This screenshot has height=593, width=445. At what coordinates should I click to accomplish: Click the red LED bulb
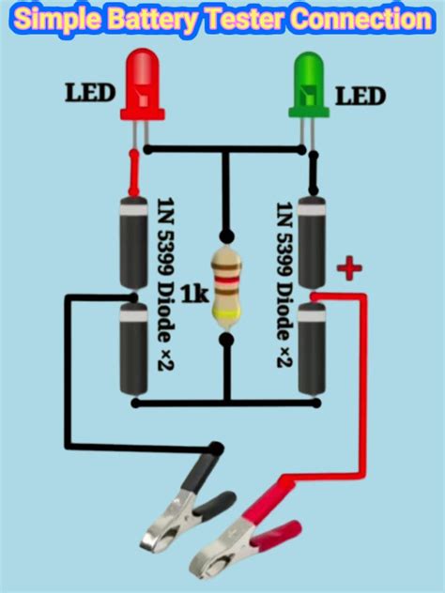coord(142,89)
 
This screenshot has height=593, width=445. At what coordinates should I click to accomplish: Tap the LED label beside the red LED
coord(89,94)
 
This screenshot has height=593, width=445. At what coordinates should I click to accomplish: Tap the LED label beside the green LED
coord(361,96)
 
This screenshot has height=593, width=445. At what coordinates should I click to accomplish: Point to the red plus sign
coord(349,270)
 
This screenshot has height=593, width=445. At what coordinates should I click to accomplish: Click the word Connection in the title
coord(357,18)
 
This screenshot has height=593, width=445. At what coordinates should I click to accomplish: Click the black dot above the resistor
coord(225,236)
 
